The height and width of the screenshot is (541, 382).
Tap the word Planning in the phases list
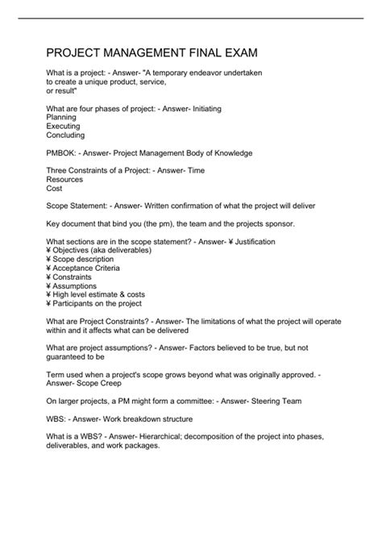click(x=63, y=117)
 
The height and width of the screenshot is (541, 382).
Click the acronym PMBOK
click(x=62, y=152)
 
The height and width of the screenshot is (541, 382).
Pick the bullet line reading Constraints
click(x=74, y=277)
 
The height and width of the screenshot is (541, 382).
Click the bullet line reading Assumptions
click(x=75, y=286)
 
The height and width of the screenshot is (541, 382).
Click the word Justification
click(x=250, y=241)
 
